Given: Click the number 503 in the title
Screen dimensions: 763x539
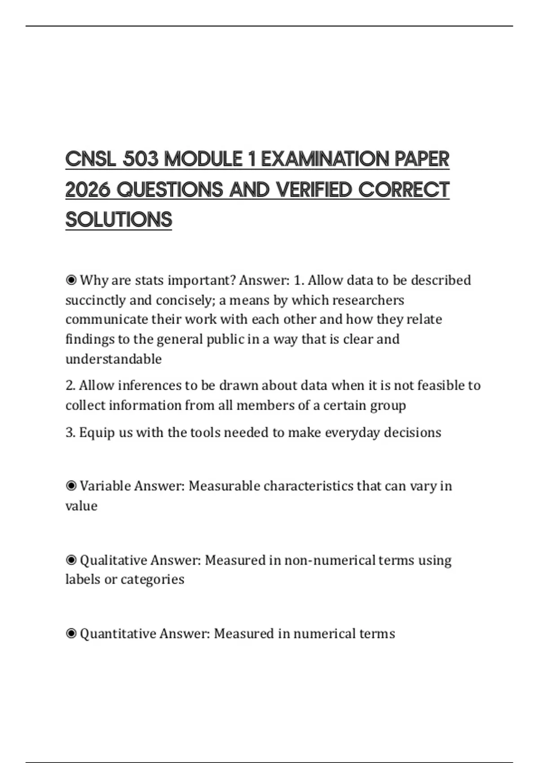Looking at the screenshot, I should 140,159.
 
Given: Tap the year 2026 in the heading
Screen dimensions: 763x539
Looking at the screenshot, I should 88,190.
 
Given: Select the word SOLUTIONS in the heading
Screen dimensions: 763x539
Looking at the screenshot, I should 119,220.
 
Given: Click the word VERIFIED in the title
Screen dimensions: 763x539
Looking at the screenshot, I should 314,190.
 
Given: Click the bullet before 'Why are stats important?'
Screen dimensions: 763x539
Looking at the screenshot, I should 71,281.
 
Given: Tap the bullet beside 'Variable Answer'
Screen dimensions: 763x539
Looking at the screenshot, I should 71,486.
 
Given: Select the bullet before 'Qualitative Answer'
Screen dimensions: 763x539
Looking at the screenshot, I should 71,560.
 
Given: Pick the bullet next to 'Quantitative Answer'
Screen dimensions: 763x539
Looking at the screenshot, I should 71,634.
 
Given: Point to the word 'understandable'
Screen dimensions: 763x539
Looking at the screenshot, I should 113,359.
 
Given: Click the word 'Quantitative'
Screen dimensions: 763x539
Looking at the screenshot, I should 118,634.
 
